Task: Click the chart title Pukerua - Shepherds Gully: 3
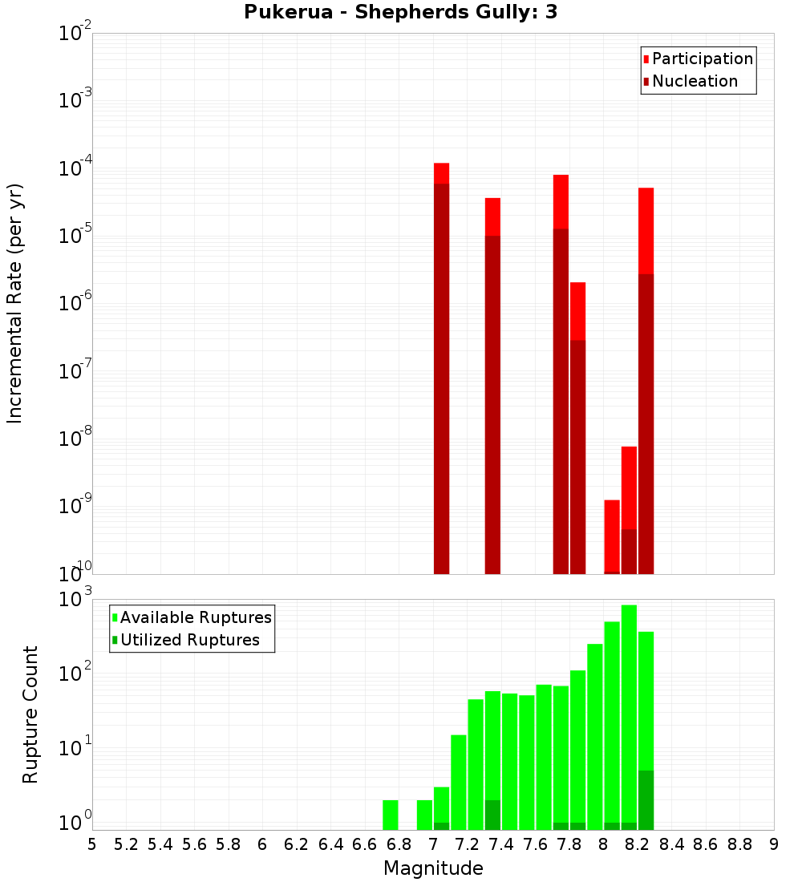pyautogui.click(x=400, y=13)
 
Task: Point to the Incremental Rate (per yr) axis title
pyautogui.click(x=15, y=304)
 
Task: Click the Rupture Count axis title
pyautogui.click(x=30, y=714)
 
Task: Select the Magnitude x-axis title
pyautogui.click(x=433, y=868)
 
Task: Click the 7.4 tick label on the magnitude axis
pyautogui.click(x=501, y=844)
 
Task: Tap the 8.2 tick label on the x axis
pyautogui.click(x=638, y=844)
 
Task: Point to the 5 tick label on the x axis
pyautogui.click(x=92, y=844)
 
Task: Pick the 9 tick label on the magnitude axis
pyautogui.click(x=774, y=844)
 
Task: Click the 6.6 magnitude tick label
pyautogui.click(x=365, y=844)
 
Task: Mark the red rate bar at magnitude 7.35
pyautogui.click(x=492, y=385)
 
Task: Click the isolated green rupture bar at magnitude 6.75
pyautogui.click(x=391, y=815)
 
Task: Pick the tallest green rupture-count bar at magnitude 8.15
pyautogui.click(x=629, y=714)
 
